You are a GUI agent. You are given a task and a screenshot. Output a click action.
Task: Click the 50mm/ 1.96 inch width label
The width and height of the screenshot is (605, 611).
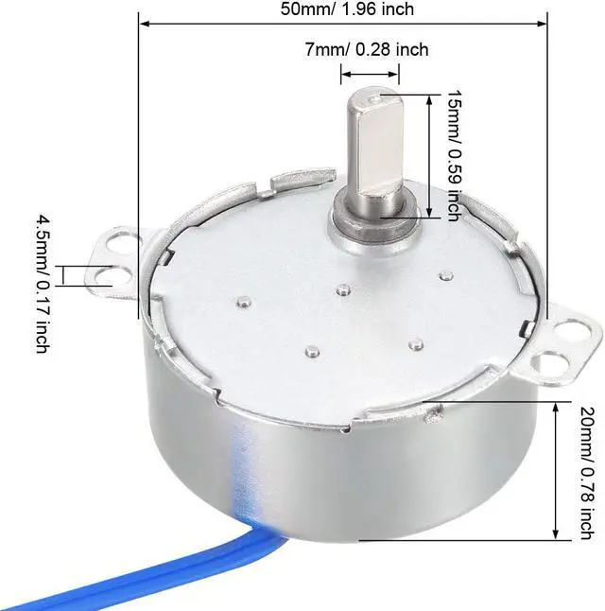pos(346,9)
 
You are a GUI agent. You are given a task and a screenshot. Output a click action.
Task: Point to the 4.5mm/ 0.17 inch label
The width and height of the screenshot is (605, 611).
pos(43,283)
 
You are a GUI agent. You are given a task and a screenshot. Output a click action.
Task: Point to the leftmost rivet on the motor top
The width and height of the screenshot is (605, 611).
pos(244,304)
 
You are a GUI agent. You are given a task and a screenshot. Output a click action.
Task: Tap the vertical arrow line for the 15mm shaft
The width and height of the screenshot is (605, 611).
pos(431,156)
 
